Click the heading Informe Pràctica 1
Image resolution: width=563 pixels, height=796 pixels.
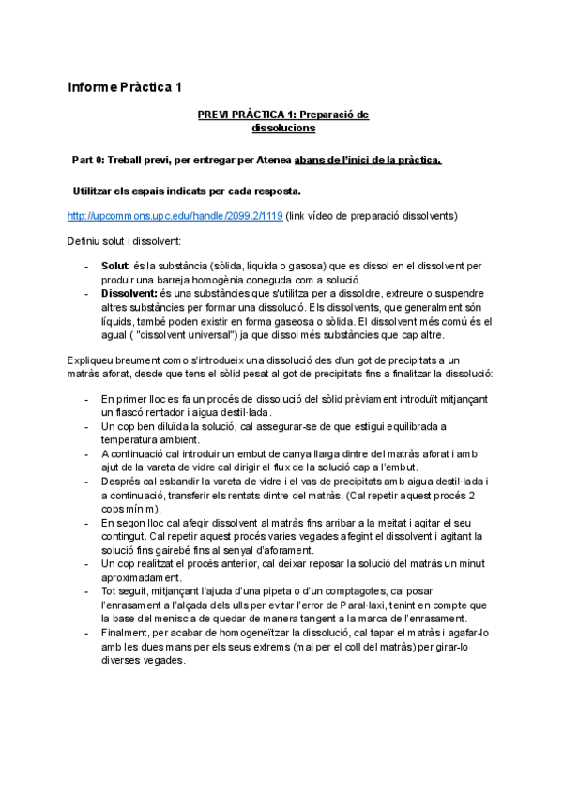click(x=124, y=88)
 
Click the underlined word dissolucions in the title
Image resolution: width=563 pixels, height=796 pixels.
click(x=282, y=128)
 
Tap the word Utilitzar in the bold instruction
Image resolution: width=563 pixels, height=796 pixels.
click(x=98, y=191)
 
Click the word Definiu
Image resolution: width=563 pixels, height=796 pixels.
click(x=84, y=241)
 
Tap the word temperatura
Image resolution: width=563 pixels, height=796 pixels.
click(x=135, y=439)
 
